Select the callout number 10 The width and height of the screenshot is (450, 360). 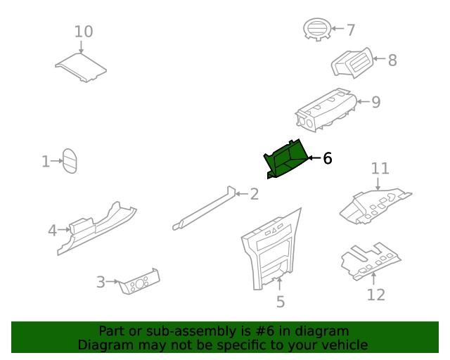84,32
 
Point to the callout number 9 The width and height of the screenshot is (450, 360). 375,102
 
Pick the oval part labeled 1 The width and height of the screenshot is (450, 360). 70,161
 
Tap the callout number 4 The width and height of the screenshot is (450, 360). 52,230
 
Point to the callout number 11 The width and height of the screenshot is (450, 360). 380,168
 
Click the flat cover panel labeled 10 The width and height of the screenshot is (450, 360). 81,67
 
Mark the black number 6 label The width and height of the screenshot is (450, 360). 327,158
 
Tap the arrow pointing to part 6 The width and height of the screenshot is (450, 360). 314,158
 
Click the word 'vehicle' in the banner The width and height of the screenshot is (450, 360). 343,345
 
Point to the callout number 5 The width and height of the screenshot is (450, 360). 281,302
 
